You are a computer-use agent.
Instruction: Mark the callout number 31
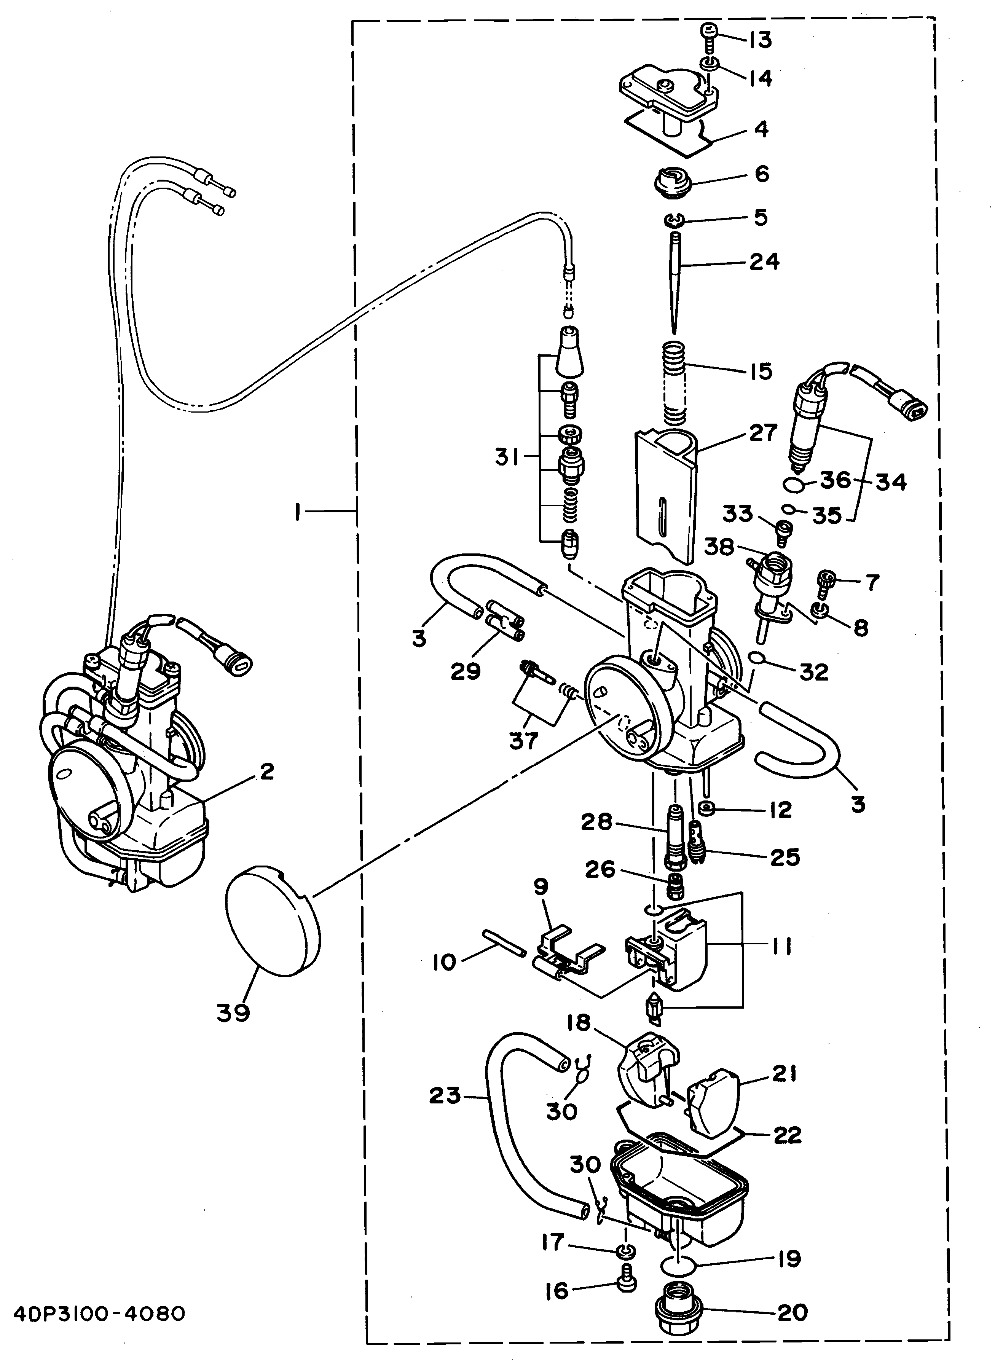pos(507,458)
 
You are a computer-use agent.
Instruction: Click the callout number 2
pos(266,772)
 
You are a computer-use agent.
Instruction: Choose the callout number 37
pos(523,740)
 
